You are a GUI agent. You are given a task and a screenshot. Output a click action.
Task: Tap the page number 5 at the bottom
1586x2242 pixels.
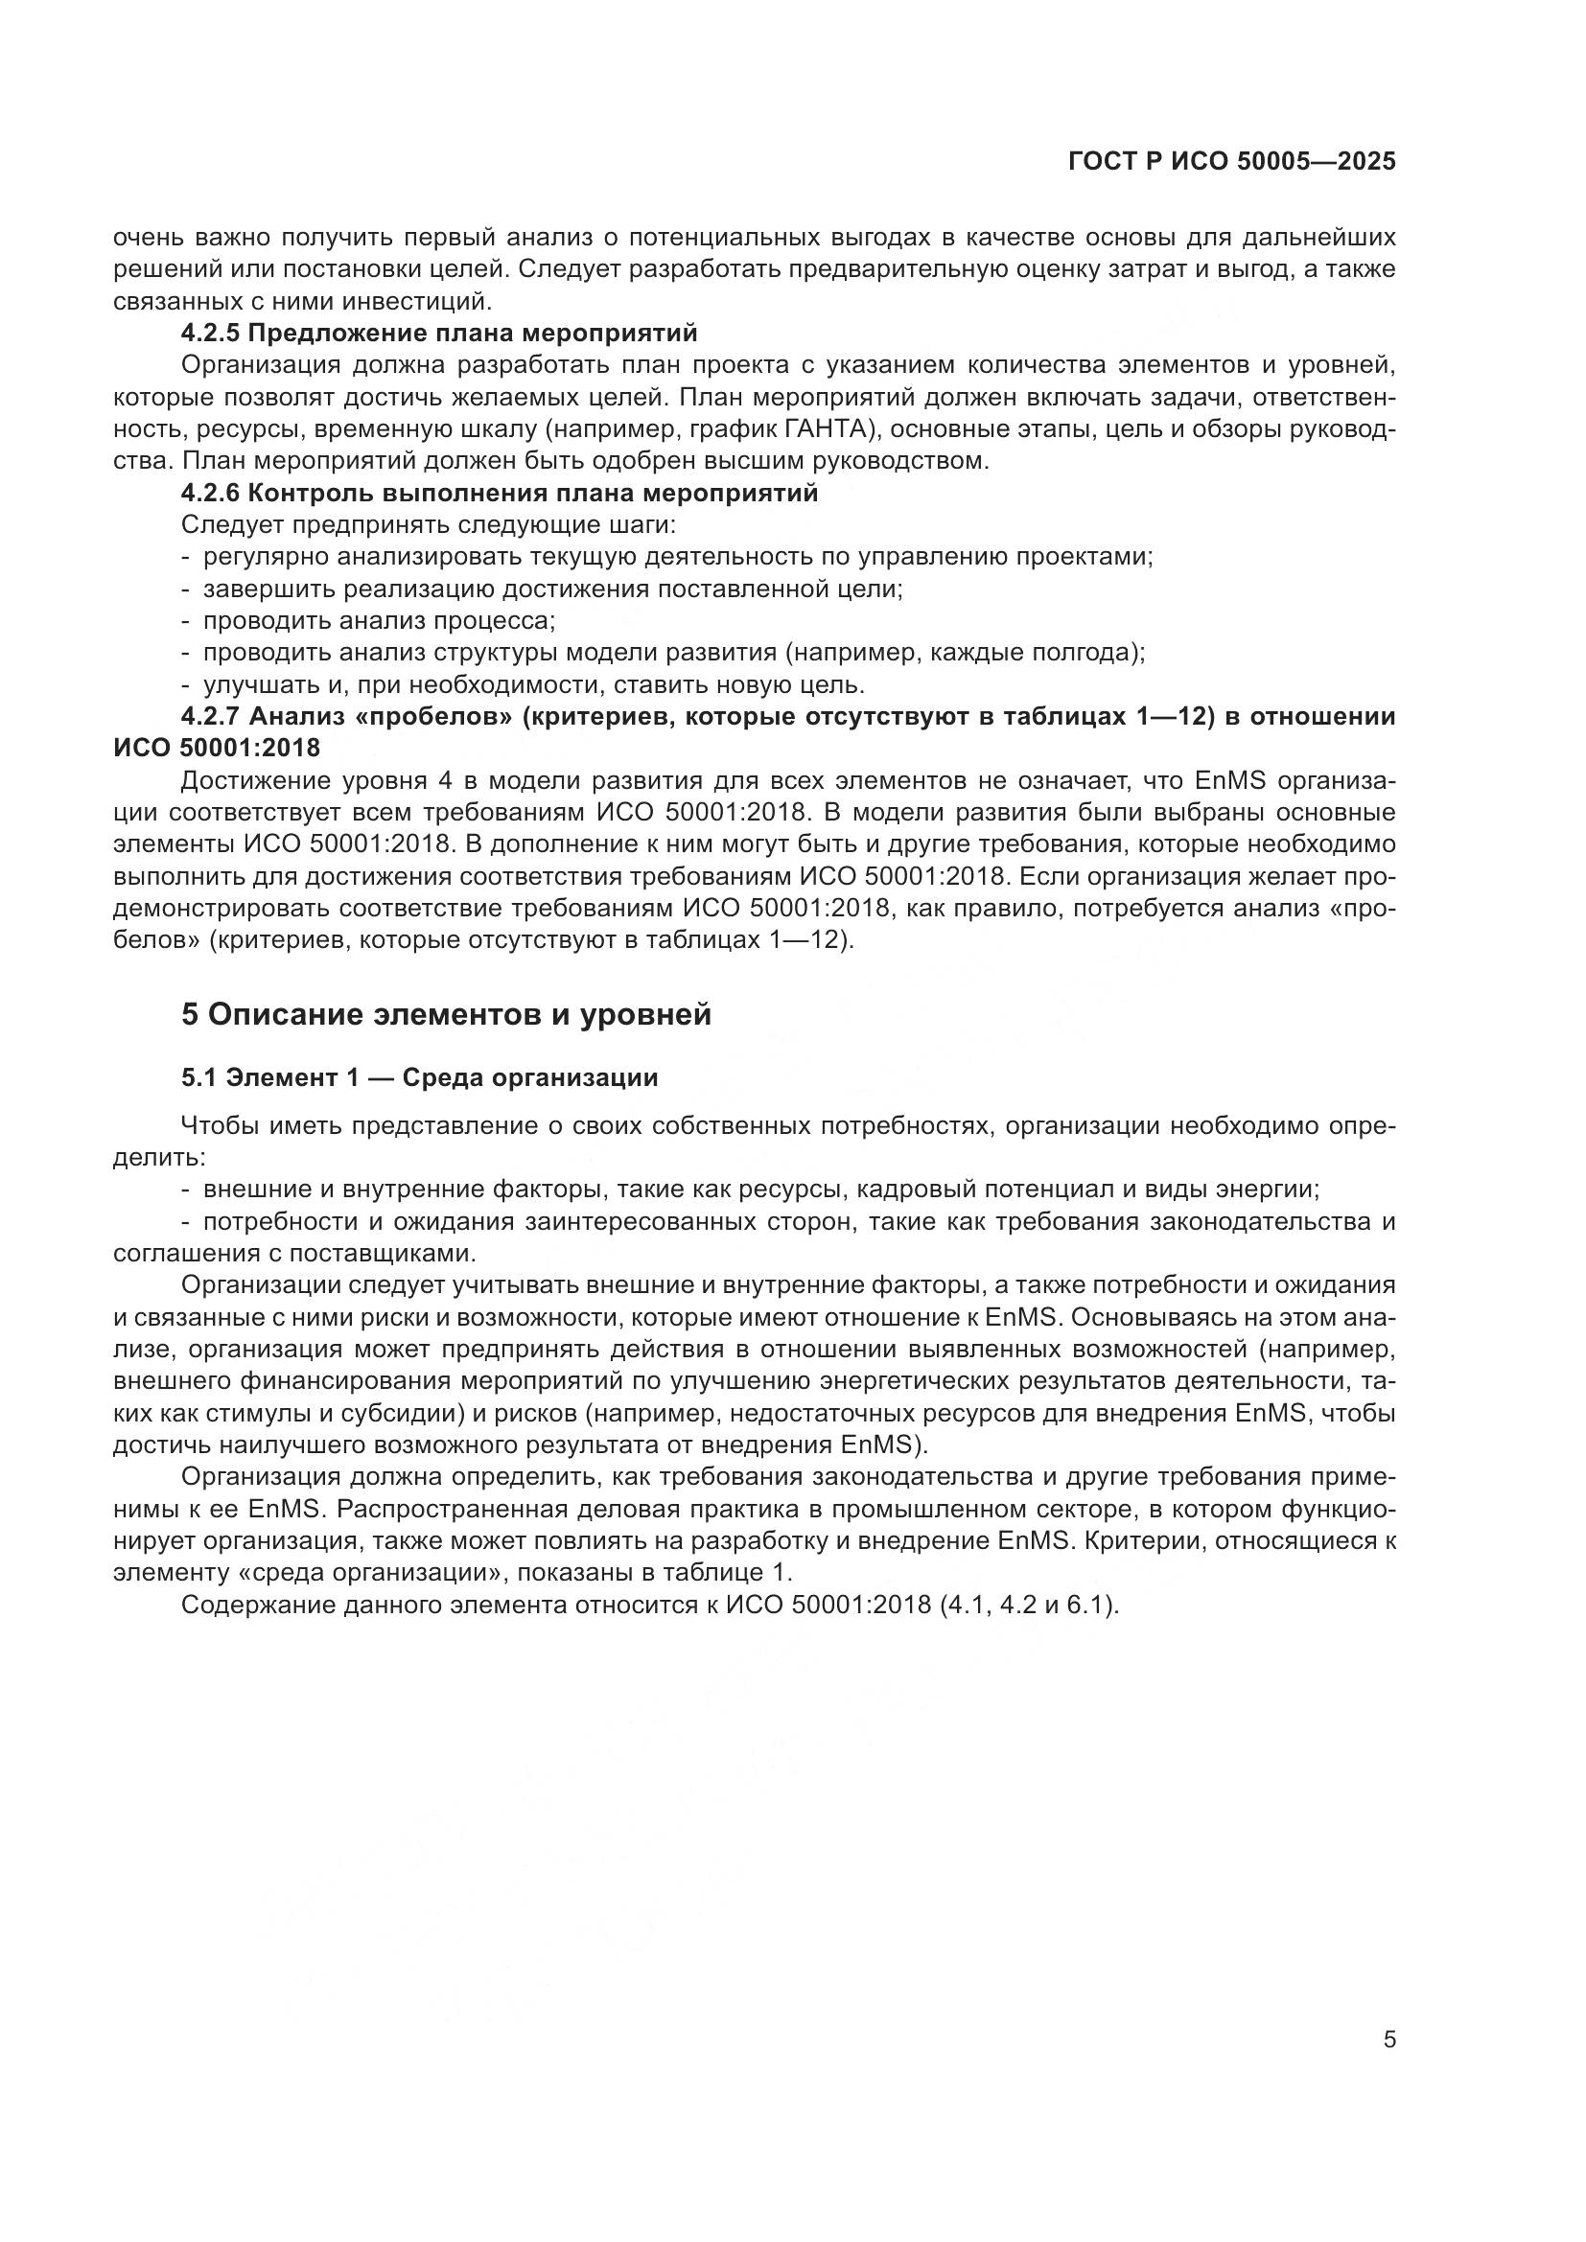click(1389, 2068)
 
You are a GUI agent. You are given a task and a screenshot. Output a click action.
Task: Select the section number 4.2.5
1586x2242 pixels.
click(210, 334)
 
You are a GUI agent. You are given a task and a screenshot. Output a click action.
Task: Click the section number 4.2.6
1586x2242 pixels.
click(210, 494)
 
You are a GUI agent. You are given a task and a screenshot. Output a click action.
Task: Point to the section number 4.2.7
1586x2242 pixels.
click(210, 717)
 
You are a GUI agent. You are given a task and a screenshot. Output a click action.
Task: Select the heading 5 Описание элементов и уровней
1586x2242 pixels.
click(446, 1015)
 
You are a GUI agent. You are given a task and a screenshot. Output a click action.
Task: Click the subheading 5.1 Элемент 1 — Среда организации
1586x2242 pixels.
click(420, 1078)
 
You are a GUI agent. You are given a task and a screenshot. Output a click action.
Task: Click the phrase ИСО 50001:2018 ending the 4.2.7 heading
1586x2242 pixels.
click(217, 749)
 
